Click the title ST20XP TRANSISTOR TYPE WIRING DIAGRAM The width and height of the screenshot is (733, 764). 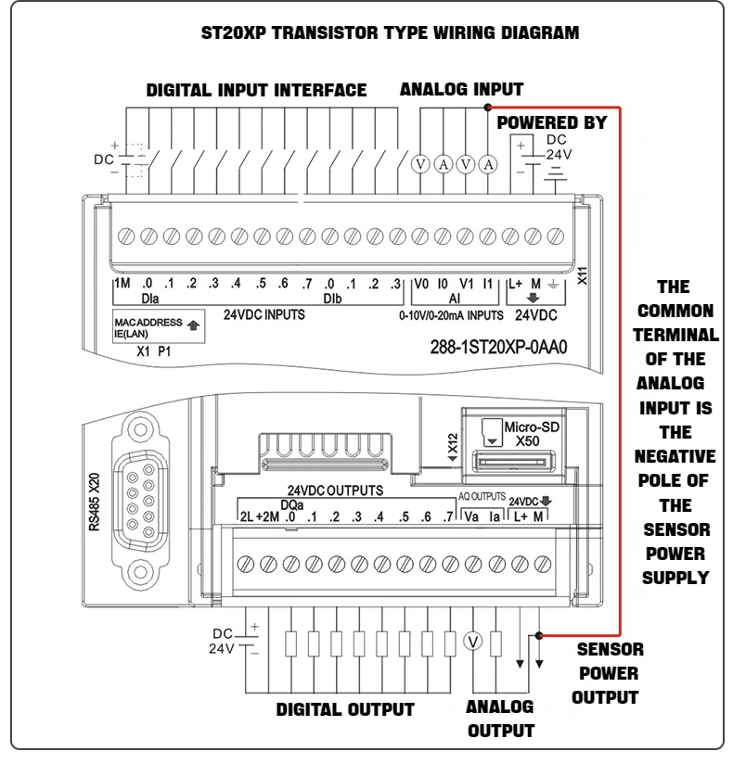click(x=390, y=33)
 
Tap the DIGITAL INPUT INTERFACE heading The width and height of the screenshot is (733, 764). click(x=256, y=91)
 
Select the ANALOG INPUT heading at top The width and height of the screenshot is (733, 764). click(x=461, y=90)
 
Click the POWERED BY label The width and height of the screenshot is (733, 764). click(x=552, y=122)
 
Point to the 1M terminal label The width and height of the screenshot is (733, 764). click(x=122, y=284)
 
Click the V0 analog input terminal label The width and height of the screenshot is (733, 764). click(x=421, y=284)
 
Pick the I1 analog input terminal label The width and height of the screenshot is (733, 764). click(x=488, y=284)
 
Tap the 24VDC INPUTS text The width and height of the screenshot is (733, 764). click(x=264, y=315)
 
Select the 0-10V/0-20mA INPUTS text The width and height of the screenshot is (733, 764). click(x=451, y=315)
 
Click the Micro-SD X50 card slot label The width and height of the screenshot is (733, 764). click(x=526, y=435)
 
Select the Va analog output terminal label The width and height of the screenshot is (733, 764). click(x=470, y=516)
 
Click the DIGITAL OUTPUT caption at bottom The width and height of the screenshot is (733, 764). click(x=345, y=709)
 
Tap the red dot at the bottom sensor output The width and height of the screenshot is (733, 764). click(x=539, y=635)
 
